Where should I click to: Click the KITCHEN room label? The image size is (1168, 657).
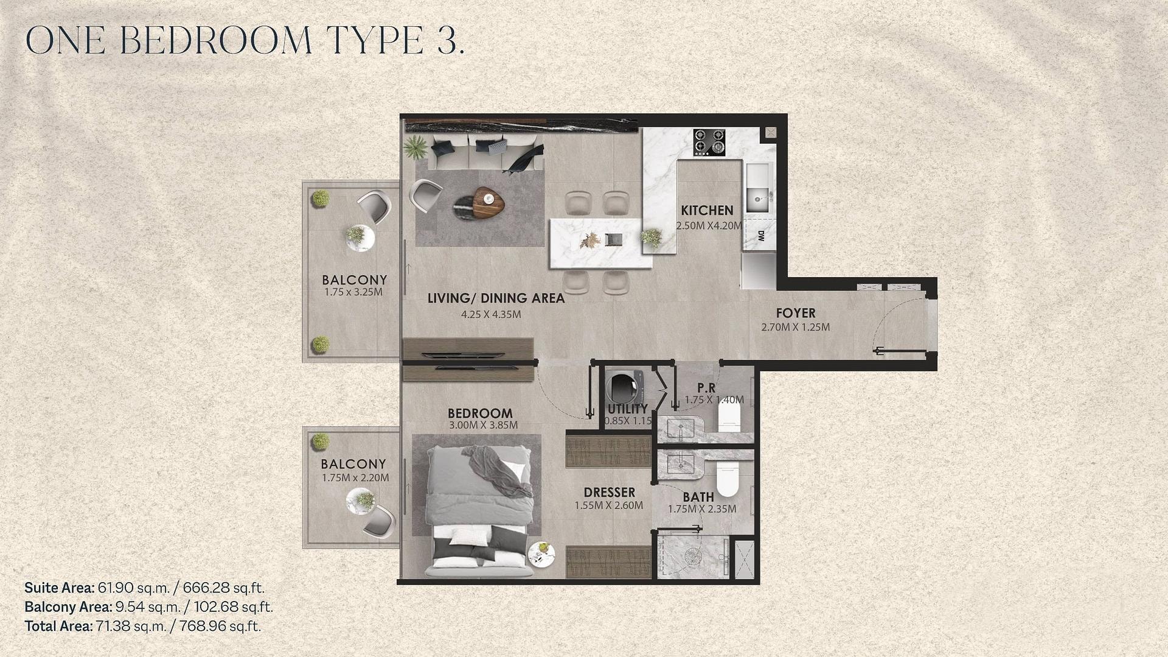tap(707, 211)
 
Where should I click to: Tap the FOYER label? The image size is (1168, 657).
tap(796, 314)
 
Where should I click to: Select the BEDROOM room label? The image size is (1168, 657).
tap(480, 413)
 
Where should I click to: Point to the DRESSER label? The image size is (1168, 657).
tap(609, 493)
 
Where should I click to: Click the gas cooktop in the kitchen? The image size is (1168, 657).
tap(709, 141)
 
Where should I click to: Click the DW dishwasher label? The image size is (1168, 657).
tap(761, 236)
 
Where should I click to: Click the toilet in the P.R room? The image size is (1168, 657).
tap(729, 414)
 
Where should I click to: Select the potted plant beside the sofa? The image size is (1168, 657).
tap(415, 147)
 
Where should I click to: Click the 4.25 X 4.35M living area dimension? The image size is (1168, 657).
tap(491, 315)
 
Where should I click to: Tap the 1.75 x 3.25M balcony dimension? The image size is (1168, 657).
tap(353, 292)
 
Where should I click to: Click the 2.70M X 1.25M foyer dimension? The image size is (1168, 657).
tap(796, 328)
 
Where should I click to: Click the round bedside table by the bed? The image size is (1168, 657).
tap(541, 553)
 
